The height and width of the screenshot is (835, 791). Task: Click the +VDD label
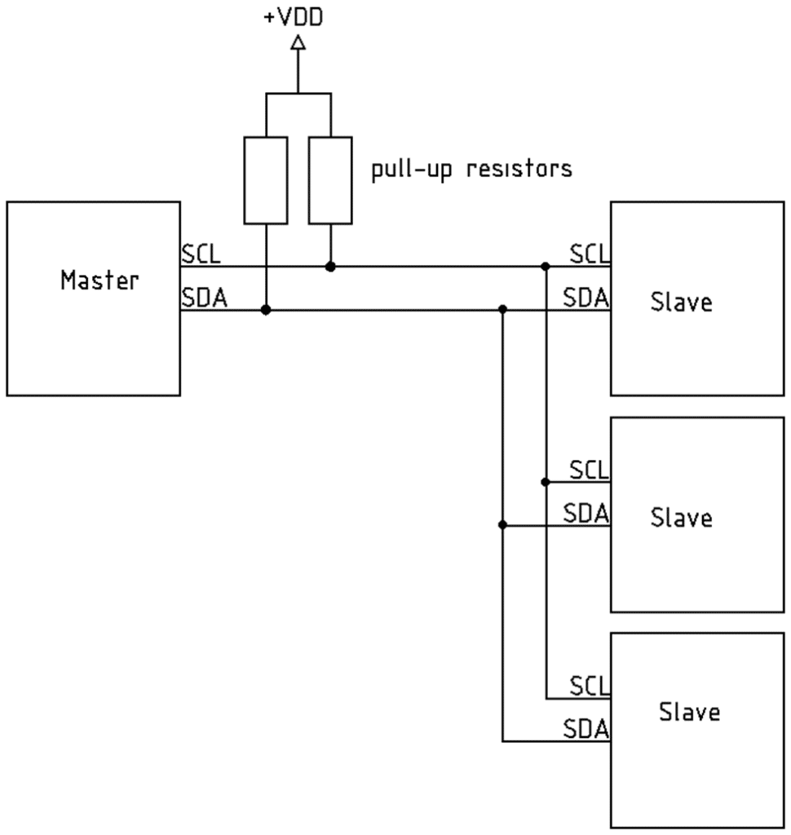coord(294,17)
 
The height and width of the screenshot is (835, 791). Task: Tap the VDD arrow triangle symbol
coord(298,42)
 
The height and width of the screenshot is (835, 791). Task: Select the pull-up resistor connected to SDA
coord(266,180)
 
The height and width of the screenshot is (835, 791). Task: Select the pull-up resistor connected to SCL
coord(330,180)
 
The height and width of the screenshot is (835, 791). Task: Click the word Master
coord(99,281)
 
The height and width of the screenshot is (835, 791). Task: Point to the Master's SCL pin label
coord(201,254)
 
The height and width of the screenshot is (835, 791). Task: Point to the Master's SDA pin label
coord(205,298)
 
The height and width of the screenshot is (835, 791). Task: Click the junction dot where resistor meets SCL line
coord(330,267)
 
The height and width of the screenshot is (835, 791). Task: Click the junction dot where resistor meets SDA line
coord(266,310)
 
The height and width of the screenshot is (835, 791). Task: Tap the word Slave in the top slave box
coord(681,302)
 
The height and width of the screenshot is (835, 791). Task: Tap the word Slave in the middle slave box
coord(681,518)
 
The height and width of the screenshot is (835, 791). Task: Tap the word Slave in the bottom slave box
coord(690,712)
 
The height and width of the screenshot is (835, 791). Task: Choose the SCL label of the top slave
coord(589,254)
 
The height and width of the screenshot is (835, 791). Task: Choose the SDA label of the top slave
coord(586,298)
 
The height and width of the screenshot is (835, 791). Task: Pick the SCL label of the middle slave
coord(589,470)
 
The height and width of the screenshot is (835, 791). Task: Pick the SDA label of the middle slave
coord(586,514)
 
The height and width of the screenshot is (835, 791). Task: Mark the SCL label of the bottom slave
coord(589,686)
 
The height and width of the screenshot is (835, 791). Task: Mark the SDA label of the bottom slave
coord(586,729)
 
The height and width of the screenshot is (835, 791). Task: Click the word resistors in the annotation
coord(519,169)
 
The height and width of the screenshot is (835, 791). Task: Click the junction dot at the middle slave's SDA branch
coord(502,525)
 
